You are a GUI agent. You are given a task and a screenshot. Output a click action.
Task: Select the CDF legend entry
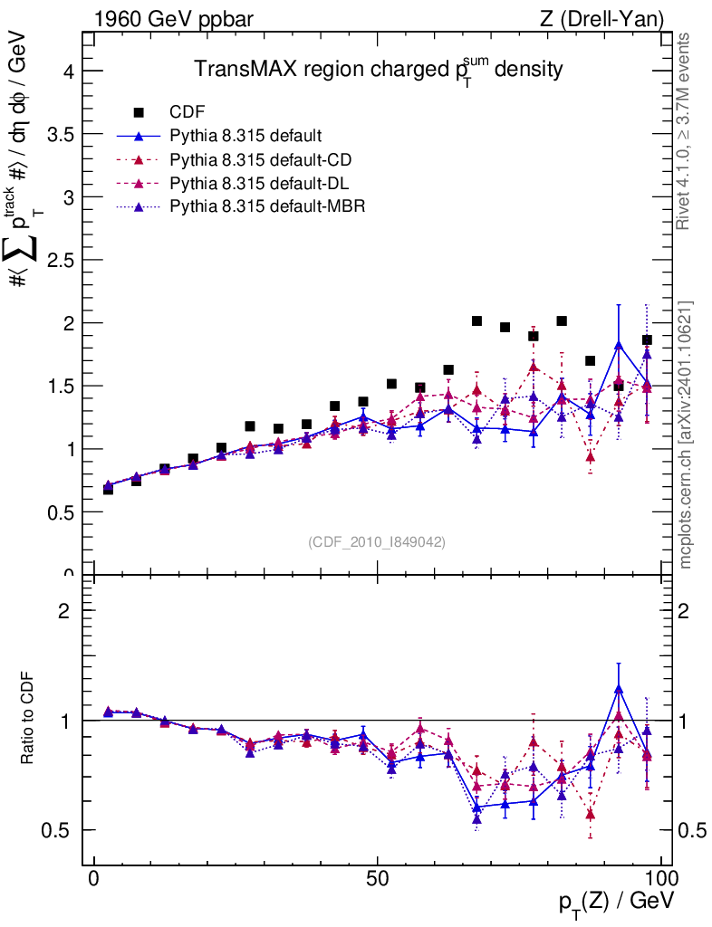(x=188, y=112)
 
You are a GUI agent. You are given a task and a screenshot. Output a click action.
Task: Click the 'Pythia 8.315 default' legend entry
(x=245, y=137)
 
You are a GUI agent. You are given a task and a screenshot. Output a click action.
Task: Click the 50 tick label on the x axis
(x=378, y=881)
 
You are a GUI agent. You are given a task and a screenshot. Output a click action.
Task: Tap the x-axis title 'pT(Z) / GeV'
(x=615, y=903)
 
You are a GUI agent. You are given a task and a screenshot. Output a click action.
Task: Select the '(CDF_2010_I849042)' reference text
(x=377, y=541)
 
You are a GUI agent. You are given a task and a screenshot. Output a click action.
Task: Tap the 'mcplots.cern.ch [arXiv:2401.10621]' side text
(x=686, y=434)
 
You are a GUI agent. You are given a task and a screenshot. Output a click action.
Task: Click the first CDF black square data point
(x=108, y=489)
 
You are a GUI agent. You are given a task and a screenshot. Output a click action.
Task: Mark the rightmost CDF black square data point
(x=647, y=340)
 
